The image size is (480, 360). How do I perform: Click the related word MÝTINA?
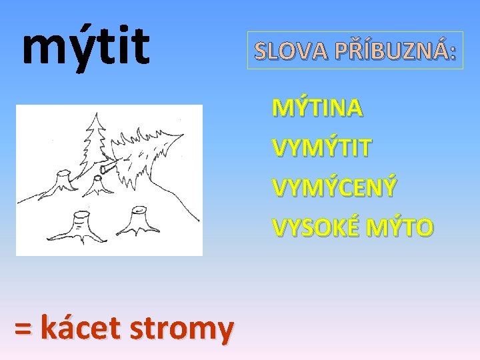point(317,107)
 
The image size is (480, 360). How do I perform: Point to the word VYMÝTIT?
point(321,147)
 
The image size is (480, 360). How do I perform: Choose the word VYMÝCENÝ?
point(334,187)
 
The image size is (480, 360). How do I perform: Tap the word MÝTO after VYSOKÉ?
point(400,227)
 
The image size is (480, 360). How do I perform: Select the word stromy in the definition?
point(191,329)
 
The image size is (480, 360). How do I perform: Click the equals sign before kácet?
point(23,328)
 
